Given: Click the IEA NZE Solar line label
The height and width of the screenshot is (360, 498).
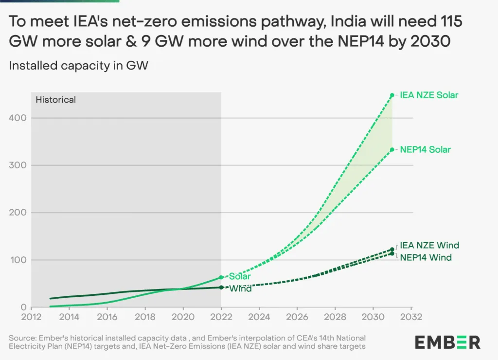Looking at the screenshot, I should click(x=429, y=95).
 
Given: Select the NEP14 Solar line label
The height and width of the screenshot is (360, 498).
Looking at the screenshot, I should click(x=425, y=150).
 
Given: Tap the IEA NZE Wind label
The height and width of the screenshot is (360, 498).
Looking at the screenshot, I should click(x=429, y=245).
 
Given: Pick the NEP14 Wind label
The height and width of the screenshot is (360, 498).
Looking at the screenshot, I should click(x=426, y=257).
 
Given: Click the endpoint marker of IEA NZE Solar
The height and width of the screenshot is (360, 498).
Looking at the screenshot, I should click(x=392, y=95).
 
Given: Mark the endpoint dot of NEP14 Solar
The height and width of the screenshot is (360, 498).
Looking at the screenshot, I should click(x=392, y=150).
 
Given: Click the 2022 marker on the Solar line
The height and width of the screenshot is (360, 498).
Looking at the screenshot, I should click(x=221, y=277).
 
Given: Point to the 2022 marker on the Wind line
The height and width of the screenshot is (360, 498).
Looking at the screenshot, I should click(x=221, y=287).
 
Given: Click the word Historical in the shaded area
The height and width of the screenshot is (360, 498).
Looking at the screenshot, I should click(x=56, y=100).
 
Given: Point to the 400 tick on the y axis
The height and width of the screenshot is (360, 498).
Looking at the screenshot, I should click(x=18, y=118).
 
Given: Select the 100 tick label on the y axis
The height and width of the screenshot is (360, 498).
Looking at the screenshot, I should click(x=18, y=260).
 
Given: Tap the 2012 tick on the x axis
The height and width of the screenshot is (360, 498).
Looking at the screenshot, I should click(x=31, y=317).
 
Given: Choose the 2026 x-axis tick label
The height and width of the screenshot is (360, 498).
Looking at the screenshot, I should click(x=297, y=317).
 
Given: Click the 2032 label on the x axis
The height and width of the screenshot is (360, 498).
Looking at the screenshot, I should click(x=411, y=317).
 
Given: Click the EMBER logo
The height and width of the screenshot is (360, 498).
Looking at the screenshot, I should click(x=447, y=342).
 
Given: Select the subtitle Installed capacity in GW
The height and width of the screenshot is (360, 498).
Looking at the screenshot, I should click(x=78, y=66).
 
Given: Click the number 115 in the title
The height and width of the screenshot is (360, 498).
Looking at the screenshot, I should click(x=450, y=22).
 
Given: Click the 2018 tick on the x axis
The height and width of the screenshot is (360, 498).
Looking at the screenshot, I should click(x=145, y=317).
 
